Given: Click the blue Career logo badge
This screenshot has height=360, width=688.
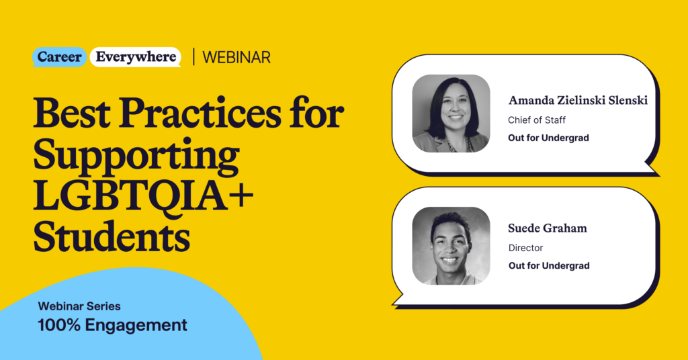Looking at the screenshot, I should [x=60, y=57].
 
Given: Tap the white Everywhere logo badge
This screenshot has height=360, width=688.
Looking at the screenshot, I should [x=136, y=57].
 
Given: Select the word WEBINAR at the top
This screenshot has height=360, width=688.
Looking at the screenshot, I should [x=236, y=58].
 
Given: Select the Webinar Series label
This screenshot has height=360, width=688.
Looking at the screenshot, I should [x=79, y=306].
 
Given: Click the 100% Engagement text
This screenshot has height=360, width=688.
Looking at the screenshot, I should [x=112, y=326].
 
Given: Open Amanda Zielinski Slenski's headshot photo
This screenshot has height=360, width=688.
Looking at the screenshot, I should [x=451, y=114].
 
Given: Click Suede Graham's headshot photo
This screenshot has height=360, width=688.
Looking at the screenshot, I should [x=451, y=245].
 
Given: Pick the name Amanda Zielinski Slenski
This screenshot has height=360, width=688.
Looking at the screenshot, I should [x=578, y=101].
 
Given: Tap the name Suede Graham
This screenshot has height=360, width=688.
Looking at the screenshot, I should [x=548, y=228].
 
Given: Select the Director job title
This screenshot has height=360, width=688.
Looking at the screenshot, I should [x=525, y=248].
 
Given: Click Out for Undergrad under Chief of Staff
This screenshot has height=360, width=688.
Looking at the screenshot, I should [x=549, y=139].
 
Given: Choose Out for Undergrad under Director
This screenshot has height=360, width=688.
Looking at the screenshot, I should [x=549, y=266].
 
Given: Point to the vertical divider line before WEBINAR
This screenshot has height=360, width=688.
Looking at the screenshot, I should [x=193, y=57].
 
